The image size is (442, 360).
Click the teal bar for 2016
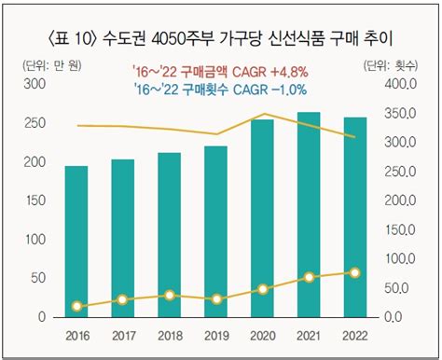(x=76, y=242)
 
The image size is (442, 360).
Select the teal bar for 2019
(x=216, y=231)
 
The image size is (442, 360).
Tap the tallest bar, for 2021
(x=309, y=215)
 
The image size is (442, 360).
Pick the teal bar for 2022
(x=355, y=217)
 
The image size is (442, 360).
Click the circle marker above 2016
(x=76, y=306)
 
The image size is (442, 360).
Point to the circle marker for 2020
(x=263, y=289)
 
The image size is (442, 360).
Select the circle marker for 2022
(x=355, y=273)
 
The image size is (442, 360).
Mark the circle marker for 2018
(x=170, y=296)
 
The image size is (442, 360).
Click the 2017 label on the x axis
(x=124, y=336)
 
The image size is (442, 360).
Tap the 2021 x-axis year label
(x=309, y=336)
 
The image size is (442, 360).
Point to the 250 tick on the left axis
(x=35, y=123)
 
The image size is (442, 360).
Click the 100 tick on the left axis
(x=35, y=240)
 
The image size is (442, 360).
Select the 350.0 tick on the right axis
(x=400, y=114)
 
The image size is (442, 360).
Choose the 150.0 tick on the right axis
(x=400, y=230)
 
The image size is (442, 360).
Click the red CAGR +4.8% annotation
(x=220, y=72)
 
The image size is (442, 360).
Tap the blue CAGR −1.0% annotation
(x=220, y=90)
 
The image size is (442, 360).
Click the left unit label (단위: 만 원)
(x=52, y=65)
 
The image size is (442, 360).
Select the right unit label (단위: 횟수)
(x=391, y=65)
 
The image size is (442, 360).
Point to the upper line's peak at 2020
(x=264, y=114)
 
